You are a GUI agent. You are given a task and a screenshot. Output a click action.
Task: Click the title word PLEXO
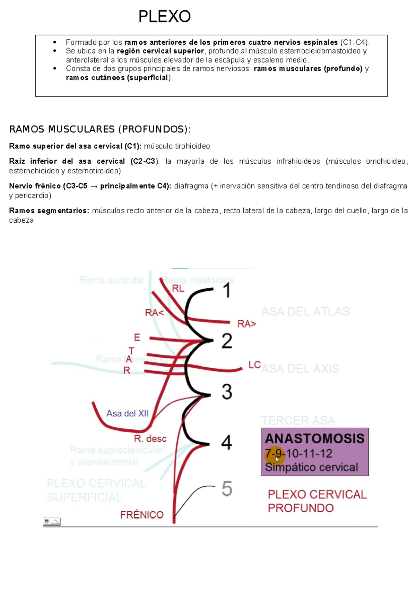point(164,16)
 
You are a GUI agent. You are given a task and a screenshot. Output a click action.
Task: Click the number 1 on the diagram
point(227,290)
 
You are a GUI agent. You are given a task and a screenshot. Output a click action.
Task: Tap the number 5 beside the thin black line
point(227,489)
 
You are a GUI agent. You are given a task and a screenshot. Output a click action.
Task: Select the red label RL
point(178,289)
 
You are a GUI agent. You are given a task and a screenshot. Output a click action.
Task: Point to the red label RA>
point(246,324)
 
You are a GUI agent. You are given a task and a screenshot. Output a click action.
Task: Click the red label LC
point(254,365)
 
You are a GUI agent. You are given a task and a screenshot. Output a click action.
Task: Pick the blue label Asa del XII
point(127,413)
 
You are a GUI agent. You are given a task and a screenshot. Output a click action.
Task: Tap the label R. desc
point(150,439)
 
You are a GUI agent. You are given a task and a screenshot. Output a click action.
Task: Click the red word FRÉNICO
point(142,515)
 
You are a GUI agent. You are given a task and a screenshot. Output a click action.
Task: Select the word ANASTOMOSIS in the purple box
point(314,438)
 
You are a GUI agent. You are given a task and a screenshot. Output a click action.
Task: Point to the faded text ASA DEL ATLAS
point(305,311)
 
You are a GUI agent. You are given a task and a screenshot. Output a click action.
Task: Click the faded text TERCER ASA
point(298,421)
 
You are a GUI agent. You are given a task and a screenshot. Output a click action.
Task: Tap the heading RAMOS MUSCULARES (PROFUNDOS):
point(100,129)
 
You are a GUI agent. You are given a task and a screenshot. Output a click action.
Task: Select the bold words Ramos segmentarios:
point(49,211)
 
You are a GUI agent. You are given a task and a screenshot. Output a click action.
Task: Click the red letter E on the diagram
point(137,337)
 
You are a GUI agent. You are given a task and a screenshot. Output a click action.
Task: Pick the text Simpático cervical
point(311,467)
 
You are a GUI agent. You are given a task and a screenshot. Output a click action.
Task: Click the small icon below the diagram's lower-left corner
point(52,521)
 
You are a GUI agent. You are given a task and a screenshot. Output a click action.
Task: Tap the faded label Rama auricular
point(112,280)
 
